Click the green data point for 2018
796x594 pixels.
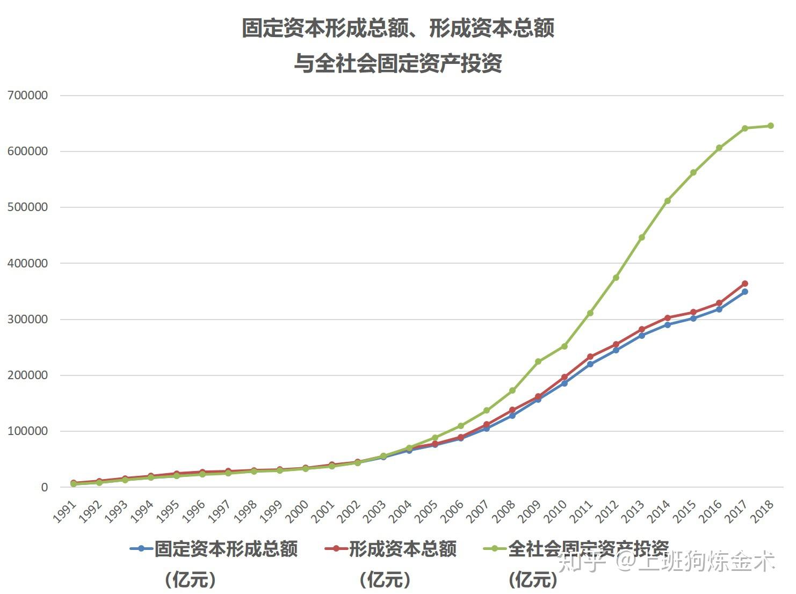(x=770, y=126)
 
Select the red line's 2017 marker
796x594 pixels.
(x=744, y=284)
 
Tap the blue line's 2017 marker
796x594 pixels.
(x=744, y=292)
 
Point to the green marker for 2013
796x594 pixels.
(x=641, y=237)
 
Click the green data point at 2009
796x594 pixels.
(x=538, y=361)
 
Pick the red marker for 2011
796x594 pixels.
(x=590, y=357)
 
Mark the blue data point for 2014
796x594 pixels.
(x=667, y=325)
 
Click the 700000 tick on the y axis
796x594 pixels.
(x=27, y=96)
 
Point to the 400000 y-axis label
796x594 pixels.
(x=27, y=263)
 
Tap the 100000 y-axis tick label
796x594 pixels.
(x=27, y=431)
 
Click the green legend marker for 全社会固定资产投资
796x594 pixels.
(x=494, y=549)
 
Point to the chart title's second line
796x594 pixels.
(x=397, y=63)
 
